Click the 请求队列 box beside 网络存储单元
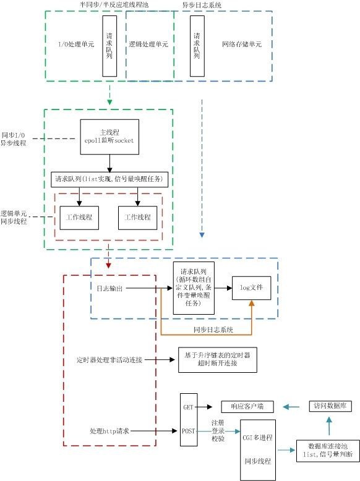[x=197, y=46]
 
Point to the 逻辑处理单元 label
[x=148, y=45]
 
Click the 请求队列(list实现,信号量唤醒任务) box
[x=109, y=179]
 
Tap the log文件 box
[x=251, y=288]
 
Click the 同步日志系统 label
[x=214, y=330]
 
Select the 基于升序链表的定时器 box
[x=217, y=359]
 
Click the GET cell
[x=189, y=407]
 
